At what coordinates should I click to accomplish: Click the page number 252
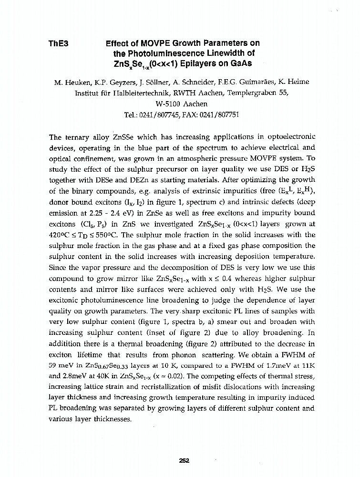point(184,460)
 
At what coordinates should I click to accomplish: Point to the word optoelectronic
point(290,136)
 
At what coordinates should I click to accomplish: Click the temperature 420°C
point(61,235)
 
